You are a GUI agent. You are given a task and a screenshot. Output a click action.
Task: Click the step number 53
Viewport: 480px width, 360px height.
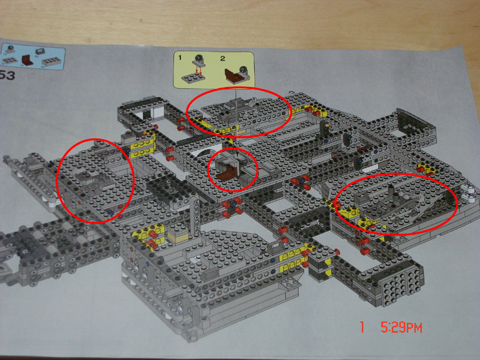[7, 76]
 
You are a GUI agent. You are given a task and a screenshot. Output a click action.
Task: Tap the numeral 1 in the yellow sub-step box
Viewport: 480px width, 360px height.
[179, 57]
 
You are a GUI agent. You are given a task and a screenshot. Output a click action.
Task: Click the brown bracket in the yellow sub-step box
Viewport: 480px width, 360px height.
[232, 75]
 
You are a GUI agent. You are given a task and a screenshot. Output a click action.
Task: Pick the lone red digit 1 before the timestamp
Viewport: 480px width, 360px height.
[362, 328]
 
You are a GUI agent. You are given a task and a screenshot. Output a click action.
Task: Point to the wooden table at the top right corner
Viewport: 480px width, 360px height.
[420, 18]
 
